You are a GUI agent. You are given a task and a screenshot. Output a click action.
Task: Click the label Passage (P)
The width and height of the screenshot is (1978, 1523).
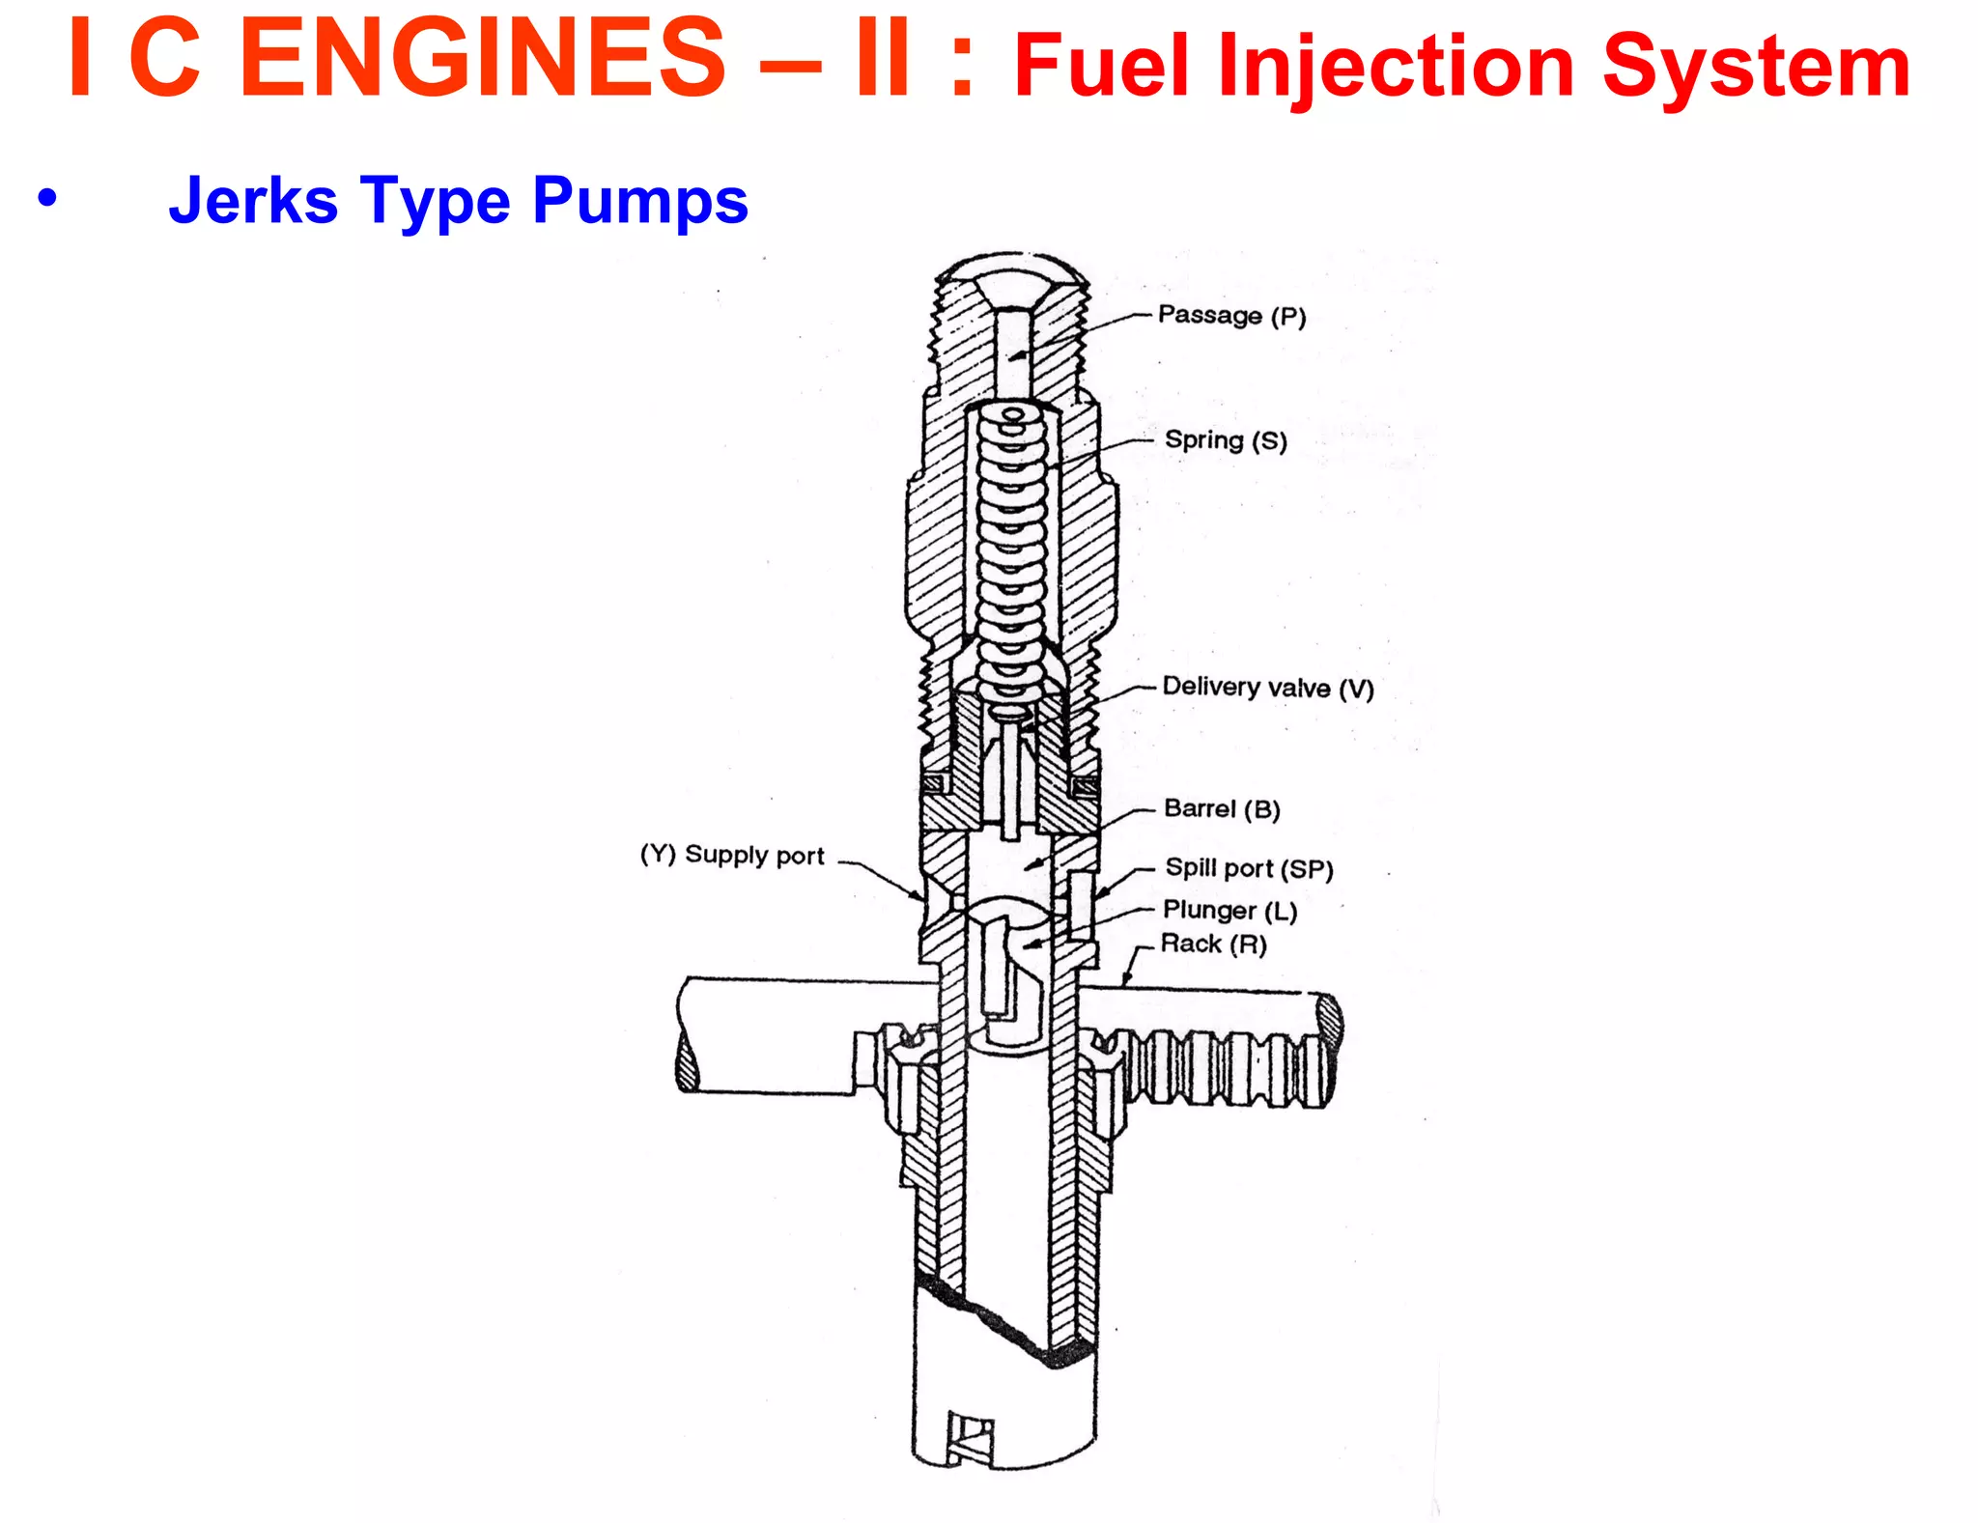(x=1231, y=316)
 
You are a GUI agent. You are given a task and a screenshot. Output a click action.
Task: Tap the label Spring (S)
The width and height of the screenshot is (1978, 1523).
(x=1226, y=440)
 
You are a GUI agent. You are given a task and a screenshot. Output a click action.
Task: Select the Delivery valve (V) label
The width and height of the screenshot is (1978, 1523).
(x=1267, y=688)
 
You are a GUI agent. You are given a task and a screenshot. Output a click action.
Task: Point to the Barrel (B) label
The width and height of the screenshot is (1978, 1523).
(x=1222, y=808)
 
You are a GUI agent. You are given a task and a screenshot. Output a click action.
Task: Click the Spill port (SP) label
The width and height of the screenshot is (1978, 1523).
(x=1249, y=868)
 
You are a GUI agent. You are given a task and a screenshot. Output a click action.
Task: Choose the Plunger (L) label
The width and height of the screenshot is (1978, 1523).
(x=1229, y=910)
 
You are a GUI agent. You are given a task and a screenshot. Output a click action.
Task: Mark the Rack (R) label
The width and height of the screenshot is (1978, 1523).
(x=1213, y=944)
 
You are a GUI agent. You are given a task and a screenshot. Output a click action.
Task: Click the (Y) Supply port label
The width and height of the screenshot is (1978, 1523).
(x=732, y=855)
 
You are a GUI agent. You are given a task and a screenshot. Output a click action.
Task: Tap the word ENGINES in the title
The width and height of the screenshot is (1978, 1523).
(x=481, y=60)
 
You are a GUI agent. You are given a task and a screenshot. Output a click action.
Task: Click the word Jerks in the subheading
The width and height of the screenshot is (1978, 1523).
(x=253, y=201)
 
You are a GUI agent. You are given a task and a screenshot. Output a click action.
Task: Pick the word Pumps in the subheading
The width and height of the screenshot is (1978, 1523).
(x=639, y=201)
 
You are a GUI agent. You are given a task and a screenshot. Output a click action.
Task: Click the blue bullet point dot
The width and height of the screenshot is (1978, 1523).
(x=46, y=198)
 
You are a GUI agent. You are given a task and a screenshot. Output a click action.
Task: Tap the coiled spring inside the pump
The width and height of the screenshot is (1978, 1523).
(x=1011, y=550)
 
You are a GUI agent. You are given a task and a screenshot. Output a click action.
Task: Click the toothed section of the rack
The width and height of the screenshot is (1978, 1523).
(x=1227, y=1067)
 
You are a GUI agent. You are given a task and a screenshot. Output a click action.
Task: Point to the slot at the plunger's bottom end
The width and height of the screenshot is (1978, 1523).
(x=969, y=1439)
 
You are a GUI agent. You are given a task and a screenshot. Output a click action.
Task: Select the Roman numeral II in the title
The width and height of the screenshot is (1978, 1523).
(x=883, y=60)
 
